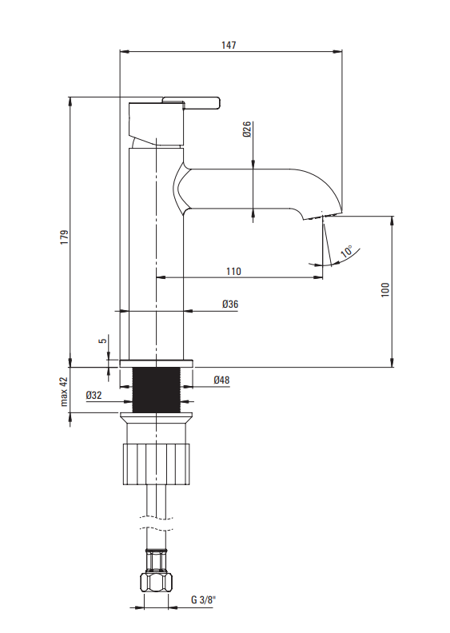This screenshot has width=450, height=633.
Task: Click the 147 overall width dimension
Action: (229, 45)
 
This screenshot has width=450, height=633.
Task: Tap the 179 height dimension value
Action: (64, 237)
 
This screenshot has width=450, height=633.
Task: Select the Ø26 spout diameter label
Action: (247, 129)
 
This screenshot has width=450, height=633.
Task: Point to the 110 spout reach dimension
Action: (233, 271)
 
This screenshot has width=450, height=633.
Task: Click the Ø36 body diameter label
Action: (230, 304)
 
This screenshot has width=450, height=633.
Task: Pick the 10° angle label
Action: (347, 252)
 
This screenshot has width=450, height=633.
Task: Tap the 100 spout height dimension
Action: (385, 290)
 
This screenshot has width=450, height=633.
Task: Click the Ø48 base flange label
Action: (221, 380)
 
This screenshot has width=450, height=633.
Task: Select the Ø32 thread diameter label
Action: (94, 395)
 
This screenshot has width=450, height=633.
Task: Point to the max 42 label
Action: (64, 392)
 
